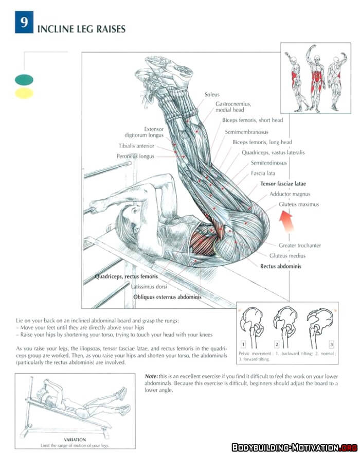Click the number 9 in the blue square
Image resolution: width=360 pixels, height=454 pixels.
24,24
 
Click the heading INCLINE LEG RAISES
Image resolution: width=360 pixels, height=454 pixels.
81,29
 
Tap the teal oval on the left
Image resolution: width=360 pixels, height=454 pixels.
24,80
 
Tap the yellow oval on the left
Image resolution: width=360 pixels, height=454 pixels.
24,93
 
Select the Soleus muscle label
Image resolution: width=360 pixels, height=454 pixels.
212,95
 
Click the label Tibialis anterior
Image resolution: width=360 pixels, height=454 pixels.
136,146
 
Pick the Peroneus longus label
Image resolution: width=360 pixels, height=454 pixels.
135,156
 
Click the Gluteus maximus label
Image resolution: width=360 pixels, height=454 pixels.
299,204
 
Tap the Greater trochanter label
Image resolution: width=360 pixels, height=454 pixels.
300,246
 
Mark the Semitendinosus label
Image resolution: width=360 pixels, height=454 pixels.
268,163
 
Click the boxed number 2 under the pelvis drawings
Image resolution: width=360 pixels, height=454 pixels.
277,344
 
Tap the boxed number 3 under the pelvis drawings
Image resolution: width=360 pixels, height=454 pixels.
332,344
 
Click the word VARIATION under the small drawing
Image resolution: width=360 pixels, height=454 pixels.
75,440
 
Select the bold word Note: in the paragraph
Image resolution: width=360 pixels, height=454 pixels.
151,376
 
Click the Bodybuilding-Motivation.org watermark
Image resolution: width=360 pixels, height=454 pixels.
294,447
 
